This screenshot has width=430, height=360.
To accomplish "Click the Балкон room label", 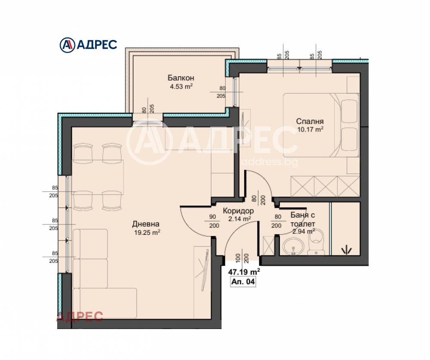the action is point(181,78).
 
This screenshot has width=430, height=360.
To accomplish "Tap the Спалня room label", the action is point(310,121).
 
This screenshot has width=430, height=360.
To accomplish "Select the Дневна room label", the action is point(146,224).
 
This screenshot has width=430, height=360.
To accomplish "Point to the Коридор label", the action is point(238,211).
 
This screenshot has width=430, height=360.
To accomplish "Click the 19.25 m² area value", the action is point(147,233).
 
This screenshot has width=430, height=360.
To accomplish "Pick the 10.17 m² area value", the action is point(310,129).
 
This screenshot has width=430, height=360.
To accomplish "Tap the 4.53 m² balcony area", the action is point(181,87).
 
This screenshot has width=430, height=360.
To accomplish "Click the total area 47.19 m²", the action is point(244,272).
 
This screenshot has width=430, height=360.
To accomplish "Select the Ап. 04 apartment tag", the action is point(243,282).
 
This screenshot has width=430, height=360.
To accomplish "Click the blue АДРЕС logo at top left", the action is point(88,45).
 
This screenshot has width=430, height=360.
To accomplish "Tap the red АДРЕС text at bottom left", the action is point(80,317).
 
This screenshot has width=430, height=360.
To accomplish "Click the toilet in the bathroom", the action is point(316,243).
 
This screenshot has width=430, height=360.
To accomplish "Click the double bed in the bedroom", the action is point(321,125).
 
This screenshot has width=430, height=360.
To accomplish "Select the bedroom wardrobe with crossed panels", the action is point(325,187).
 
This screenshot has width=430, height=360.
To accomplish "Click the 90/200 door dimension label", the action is point(213,221).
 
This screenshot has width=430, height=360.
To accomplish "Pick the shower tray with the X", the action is point(268,246).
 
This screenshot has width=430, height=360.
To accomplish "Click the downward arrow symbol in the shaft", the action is point(346,249).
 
